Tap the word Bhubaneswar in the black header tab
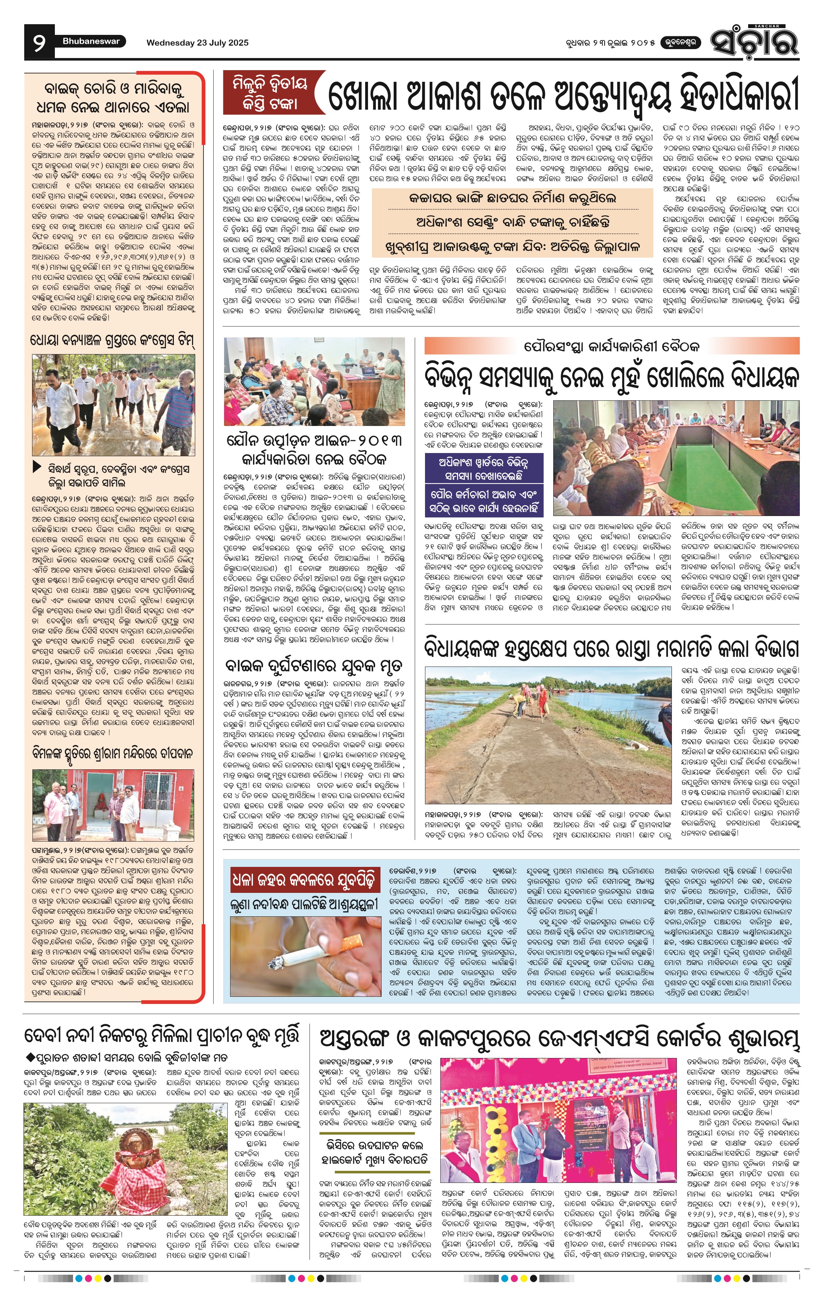coord(90,41)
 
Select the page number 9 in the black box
coord(39,42)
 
